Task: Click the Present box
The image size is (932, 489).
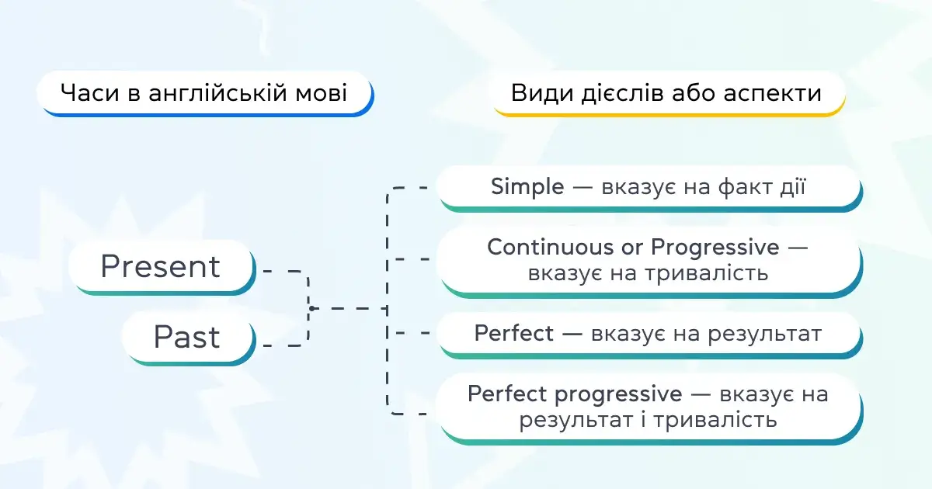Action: tap(162, 267)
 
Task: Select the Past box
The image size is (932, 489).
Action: tap(188, 338)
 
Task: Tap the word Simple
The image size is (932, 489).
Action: tap(527, 186)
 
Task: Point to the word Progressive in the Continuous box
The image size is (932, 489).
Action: tap(715, 248)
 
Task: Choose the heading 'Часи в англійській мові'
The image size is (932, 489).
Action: tap(203, 93)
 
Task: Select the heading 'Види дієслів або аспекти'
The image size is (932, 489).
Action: tap(666, 93)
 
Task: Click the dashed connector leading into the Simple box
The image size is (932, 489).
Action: tap(410, 188)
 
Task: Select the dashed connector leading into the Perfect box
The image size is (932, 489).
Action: tap(410, 334)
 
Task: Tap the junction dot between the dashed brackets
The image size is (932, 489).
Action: tap(311, 308)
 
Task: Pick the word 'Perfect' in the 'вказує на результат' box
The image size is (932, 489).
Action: tap(513, 334)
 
